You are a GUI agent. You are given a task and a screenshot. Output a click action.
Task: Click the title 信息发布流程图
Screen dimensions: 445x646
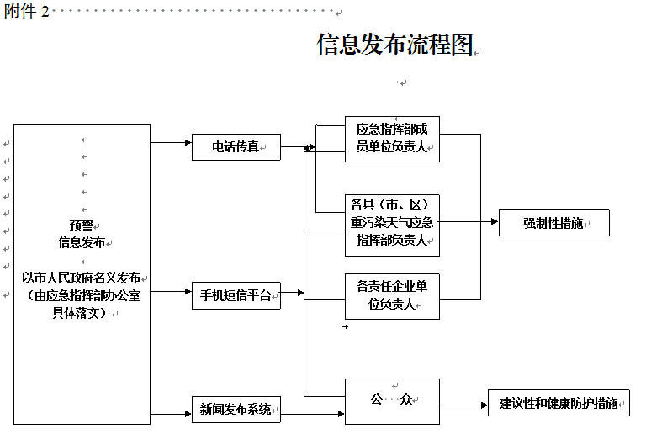tap(394, 45)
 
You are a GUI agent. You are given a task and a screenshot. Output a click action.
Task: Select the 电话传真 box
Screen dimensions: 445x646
tap(236, 147)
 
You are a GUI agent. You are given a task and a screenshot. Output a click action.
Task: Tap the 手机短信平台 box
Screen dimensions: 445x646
tap(236, 295)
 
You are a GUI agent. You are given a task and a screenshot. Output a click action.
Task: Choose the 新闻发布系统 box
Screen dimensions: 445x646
tap(236, 411)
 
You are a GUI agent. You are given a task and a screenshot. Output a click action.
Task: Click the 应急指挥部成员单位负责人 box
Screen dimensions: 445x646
tap(392, 139)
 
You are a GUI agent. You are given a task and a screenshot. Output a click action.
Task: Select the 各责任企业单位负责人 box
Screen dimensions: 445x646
tap(392, 295)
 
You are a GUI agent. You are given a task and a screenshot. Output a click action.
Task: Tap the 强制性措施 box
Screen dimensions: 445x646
tap(553, 223)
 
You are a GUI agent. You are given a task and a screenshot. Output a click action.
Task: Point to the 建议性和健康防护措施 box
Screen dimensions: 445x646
tap(559, 403)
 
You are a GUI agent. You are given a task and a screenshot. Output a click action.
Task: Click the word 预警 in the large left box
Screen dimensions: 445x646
tap(82, 225)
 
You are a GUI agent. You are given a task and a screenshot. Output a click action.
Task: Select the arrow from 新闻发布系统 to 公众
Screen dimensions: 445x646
tap(312, 413)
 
